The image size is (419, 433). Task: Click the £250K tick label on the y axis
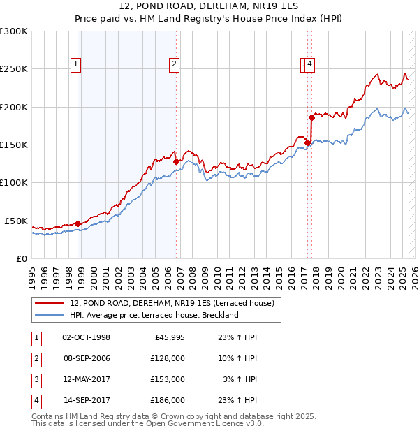pyautogui.click(x=14, y=69)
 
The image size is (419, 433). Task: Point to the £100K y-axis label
pyautogui.click(x=14, y=182)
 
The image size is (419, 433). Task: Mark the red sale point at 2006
pyautogui.click(x=176, y=161)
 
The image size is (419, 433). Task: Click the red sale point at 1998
pyautogui.click(x=78, y=223)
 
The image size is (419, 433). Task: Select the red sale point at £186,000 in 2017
pyautogui.click(x=311, y=117)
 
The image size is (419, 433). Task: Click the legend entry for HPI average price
pyautogui.click(x=154, y=315)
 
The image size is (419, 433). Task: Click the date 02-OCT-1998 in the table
pyautogui.click(x=86, y=337)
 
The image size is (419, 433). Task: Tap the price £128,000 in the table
pyautogui.click(x=167, y=358)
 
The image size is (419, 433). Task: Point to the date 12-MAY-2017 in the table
pyautogui.click(x=86, y=379)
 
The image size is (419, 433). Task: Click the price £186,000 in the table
pyautogui.click(x=167, y=400)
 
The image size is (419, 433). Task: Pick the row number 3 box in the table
pyautogui.click(x=35, y=379)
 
